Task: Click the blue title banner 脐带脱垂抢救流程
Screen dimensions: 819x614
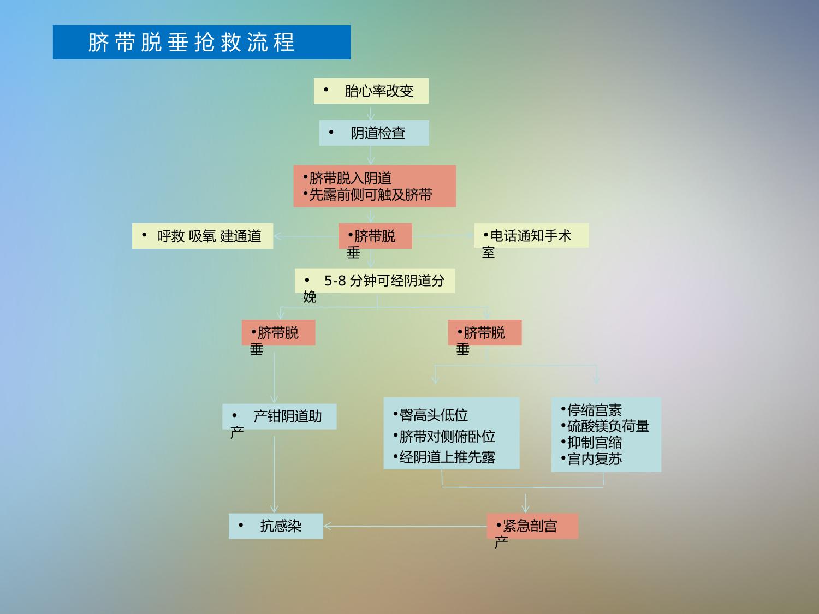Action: coord(201,42)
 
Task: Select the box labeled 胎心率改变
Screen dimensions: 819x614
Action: coord(371,91)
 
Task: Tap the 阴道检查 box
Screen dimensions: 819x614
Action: coord(374,133)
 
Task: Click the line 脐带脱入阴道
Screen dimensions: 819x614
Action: coord(347,178)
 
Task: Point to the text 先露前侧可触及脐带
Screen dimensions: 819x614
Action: coord(367,195)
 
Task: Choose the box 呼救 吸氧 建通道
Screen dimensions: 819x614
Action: coord(203,236)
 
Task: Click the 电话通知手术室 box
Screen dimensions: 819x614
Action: coord(531,236)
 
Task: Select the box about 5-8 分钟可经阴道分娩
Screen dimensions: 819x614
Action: coord(375,281)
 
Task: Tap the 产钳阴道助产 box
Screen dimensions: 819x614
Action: coord(279,416)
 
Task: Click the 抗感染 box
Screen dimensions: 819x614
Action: coord(276,526)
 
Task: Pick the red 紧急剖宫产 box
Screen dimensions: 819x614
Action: coord(532,526)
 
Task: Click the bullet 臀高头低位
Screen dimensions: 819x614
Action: coord(431,415)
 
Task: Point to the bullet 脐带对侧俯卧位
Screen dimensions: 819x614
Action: coord(444,436)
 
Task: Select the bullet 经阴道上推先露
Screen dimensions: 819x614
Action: coord(444,457)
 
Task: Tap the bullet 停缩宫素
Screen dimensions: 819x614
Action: coord(591,410)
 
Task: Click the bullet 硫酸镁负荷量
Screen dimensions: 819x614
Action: coord(605,426)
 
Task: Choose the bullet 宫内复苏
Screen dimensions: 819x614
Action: coord(591,458)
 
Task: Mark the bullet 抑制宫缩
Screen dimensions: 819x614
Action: coord(591,443)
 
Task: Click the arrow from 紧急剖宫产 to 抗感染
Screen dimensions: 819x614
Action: coord(405,526)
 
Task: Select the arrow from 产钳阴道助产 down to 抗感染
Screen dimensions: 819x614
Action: coord(274,475)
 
